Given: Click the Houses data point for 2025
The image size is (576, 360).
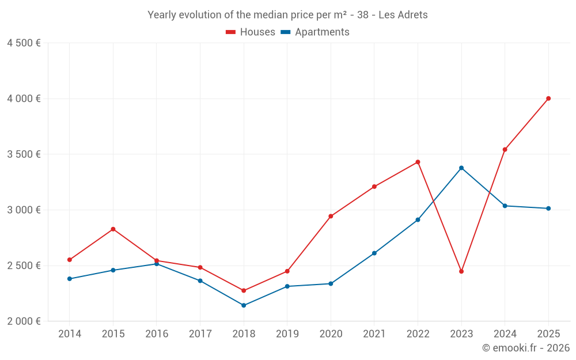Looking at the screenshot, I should (x=548, y=98).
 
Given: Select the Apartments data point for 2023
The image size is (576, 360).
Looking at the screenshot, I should (x=461, y=168).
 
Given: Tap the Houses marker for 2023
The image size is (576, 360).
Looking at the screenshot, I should (x=461, y=271).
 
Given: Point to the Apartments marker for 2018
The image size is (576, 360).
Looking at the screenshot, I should (x=244, y=305).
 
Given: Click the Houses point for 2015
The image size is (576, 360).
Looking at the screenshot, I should (x=113, y=229).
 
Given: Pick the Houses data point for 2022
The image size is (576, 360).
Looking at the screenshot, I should (x=418, y=162).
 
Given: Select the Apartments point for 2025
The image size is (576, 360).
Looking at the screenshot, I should (x=548, y=209).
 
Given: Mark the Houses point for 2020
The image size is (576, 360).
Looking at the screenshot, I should (x=331, y=217).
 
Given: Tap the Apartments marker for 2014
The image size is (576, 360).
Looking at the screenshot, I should (x=70, y=279).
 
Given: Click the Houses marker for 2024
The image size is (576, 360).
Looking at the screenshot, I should (x=505, y=150).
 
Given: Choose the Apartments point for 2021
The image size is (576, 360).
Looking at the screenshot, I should (x=374, y=253).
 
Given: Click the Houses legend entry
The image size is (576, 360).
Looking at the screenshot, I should (x=251, y=32).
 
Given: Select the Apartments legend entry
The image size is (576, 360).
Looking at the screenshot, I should (x=315, y=32).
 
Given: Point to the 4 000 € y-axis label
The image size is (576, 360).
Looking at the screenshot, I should (x=24, y=98).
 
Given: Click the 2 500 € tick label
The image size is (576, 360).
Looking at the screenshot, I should (x=24, y=266).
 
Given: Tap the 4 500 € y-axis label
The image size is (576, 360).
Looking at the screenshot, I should (x=24, y=43).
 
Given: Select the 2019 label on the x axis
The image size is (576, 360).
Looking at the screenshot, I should (x=287, y=334).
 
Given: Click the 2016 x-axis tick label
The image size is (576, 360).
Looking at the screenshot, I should (x=157, y=334).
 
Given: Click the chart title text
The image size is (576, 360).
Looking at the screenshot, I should (x=287, y=15).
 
